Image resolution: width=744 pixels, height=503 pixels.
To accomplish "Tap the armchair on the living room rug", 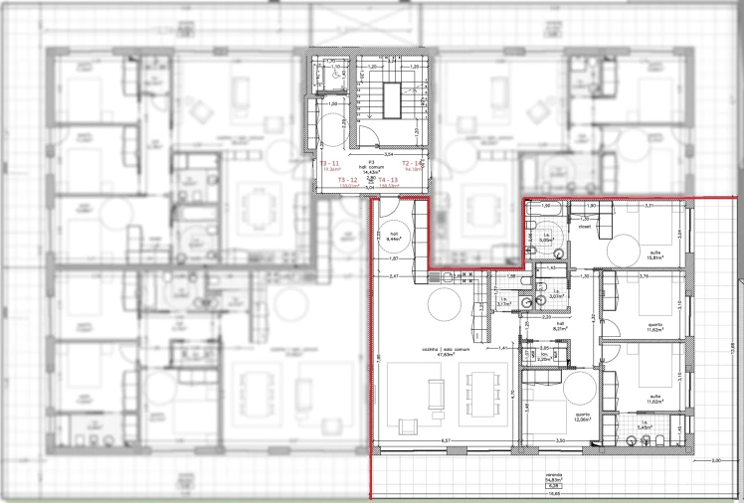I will point(406,427).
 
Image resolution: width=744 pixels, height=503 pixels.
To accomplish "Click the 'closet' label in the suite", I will point(584,226).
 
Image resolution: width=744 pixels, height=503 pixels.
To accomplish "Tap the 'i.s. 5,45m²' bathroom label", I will point(646,426).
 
